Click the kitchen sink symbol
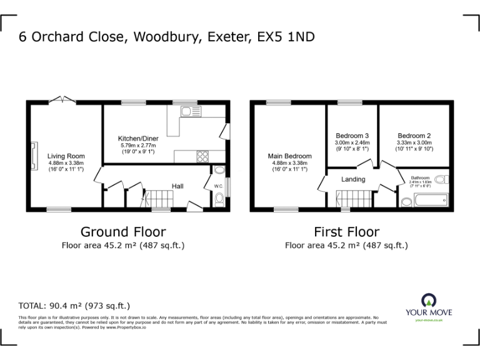[x=190, y=111]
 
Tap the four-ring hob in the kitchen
[x=203, y=156]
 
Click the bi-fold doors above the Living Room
[x=62, y=100]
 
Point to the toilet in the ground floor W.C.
[x=218, y=199]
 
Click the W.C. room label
[x=218, y=186]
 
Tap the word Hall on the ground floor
[x=178, y=186]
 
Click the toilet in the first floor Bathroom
[x=441, y=179]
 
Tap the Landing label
[x=353, y=179]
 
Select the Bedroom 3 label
[x=353, y=136]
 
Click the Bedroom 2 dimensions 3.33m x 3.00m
[x=414, y=142]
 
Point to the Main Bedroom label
[x=289, y=156]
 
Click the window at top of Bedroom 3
[x=346, y=102]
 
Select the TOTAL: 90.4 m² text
[x=74, y=306]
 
